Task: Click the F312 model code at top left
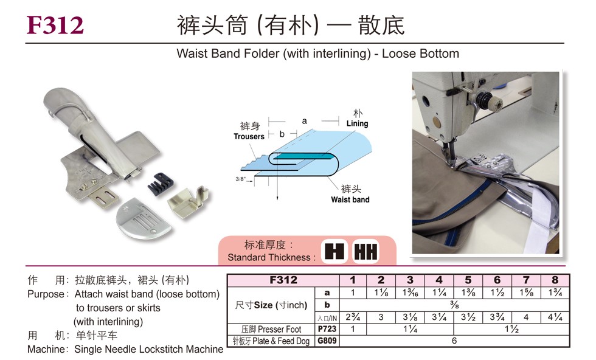[x=55, y=25]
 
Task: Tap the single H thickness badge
[x=334, y=251]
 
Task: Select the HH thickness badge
[x=366, y=251]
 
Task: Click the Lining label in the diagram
[x=358, y=123]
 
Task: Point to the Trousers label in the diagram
[x=249, y=136]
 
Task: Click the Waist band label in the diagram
[x=350, y=199]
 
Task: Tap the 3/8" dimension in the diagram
[x=241, y=179]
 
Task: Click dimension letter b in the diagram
[x=282, y=134]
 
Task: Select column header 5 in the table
[x=468, y=280]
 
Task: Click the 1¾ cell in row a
[x=555, y=292]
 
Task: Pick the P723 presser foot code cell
[x=327, y=329]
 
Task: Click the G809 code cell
[x=327, y=341]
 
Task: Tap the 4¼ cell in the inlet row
[x=555, y=317]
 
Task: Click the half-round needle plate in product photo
[x=144, y=221]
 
